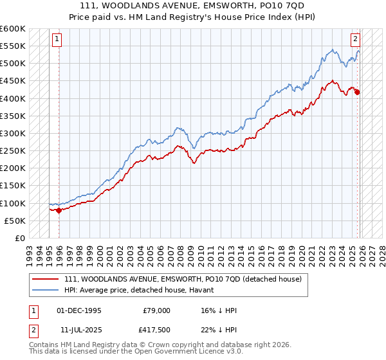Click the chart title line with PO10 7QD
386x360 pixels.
[193, 6]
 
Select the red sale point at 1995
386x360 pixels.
[59, 210]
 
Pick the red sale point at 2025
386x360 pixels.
[357, 92]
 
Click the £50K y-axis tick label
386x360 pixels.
[15, 221]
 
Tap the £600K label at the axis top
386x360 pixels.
[13, 29]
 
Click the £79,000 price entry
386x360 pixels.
[157, 310]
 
